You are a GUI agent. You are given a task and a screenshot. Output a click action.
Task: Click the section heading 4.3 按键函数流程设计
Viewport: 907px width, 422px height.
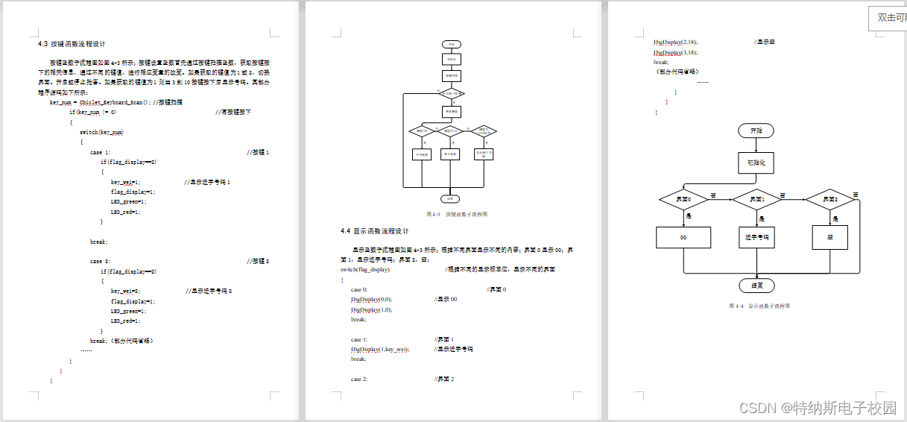click(x=76, y=44)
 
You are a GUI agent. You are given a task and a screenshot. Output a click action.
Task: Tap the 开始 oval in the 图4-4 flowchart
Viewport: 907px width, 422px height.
click(x=756, y=130)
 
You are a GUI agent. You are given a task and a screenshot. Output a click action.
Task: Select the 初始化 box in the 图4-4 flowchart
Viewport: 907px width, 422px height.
click(x=756, y=162)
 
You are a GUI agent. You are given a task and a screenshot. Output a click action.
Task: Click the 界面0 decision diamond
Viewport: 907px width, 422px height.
click(x=683, y=200)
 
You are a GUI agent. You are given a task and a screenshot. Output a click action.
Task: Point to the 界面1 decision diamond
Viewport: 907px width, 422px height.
click(x=756, y=200)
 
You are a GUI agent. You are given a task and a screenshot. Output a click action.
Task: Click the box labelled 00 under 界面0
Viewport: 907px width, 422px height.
click(x=683, y=237)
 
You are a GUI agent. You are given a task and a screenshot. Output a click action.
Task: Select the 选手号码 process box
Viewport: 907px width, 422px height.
click(x=756, y=237)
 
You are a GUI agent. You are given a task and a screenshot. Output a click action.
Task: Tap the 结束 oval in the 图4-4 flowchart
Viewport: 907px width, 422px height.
click(x=756, y=286)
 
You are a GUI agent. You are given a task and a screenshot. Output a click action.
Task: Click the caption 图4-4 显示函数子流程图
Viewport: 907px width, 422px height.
click(x=759, y=306)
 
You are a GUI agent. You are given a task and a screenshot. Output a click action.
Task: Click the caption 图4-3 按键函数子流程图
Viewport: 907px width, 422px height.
click(x=457, y=214)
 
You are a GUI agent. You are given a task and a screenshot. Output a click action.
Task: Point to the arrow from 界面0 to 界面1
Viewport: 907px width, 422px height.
click(x=719, y=200)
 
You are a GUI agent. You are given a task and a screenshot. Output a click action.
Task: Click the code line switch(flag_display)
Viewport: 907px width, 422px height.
click(x=365, y=269)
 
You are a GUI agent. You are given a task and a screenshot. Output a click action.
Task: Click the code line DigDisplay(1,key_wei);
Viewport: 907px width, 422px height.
click(x=380, y=349)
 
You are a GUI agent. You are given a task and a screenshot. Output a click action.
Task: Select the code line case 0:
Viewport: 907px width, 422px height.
click(x=359, y=289)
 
